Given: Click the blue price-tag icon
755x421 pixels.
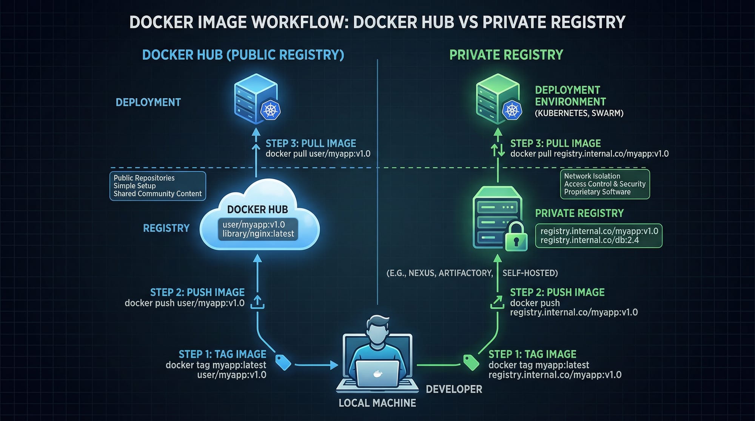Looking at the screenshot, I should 283,362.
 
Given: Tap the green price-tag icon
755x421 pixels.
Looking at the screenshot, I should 471,363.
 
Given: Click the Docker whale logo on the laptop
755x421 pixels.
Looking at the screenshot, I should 377,374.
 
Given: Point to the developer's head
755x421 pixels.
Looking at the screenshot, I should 377,330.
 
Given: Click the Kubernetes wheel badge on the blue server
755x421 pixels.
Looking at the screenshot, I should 270,111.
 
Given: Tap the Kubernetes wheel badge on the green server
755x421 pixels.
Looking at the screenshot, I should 512,111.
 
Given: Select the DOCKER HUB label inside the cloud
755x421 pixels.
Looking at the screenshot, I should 257,209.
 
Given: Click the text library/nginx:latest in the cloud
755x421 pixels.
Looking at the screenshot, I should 258,234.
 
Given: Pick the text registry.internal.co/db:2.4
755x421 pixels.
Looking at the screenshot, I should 589,240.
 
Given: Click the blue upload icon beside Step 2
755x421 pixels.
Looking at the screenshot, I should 257,302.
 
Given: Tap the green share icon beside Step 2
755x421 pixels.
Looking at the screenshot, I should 497,302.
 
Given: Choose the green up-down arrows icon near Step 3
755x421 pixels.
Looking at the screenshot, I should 498,150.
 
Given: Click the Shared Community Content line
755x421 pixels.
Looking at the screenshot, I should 157,194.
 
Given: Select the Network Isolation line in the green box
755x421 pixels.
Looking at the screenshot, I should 592,176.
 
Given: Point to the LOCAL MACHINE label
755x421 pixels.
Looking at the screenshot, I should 377,403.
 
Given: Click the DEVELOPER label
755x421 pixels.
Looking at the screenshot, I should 454,389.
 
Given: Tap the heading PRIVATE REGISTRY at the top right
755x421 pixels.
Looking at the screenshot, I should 506,55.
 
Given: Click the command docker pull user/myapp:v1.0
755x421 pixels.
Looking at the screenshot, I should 318,154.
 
